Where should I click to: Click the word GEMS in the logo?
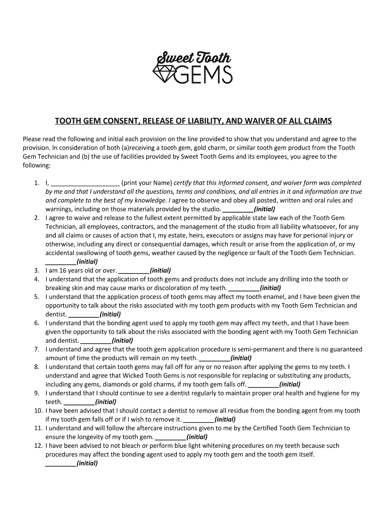204,74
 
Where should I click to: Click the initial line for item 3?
134,271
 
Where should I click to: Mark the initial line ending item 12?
60,463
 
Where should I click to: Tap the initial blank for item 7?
215,358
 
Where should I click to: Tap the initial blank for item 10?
199,420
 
